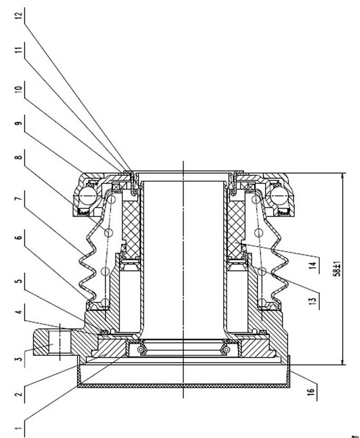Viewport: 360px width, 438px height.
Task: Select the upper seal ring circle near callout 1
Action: pyautogui.click(x=141, y=349)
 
